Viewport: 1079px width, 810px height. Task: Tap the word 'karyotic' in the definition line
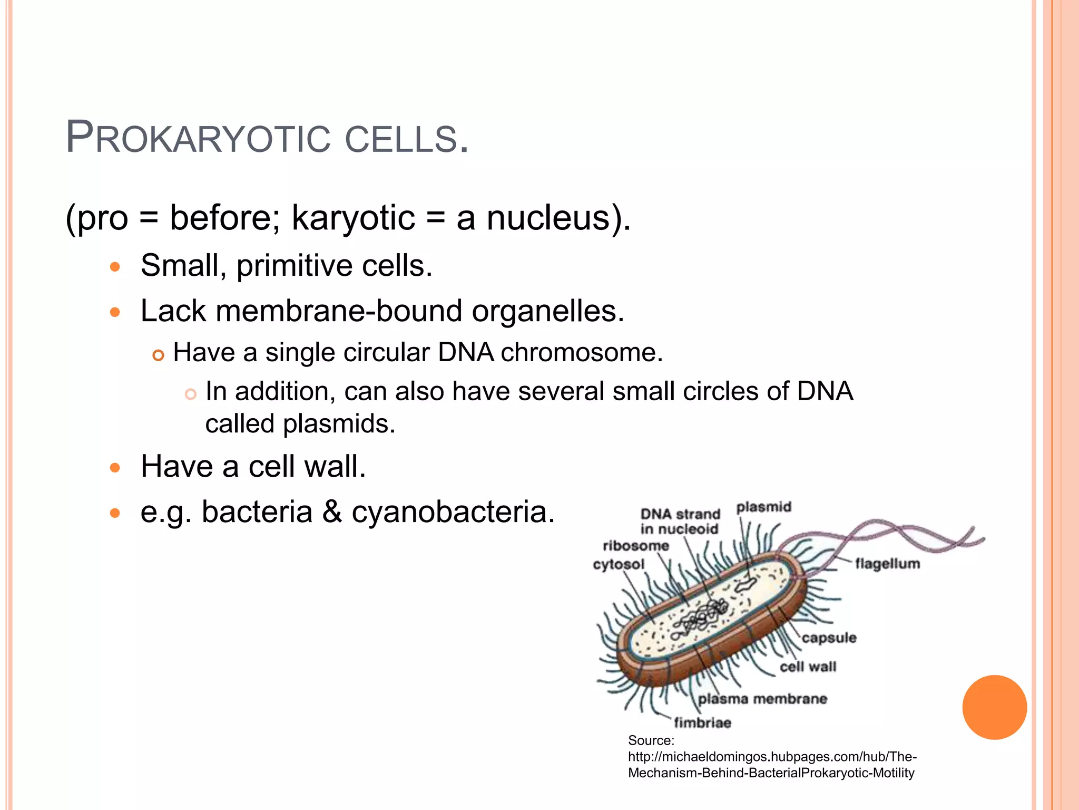coord(353,218)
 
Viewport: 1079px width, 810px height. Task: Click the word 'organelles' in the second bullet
coord(548,311)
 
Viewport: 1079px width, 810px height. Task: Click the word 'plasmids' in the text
coord(339,423)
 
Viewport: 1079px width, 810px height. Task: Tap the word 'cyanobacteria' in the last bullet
coord(453,512)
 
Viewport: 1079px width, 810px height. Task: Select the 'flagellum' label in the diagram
coord(887,564)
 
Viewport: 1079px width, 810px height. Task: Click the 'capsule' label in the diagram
coord(829,638)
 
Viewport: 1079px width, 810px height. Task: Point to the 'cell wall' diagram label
coord(808,667)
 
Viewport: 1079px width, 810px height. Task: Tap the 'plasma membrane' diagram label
coord(762,699)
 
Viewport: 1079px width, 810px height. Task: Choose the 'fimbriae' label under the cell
coord(702,722)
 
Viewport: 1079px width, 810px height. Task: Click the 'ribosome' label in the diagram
coord(636,545)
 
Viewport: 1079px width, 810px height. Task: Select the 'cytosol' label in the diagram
coord(619,564)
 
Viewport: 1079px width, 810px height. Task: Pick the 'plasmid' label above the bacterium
coord(763,507)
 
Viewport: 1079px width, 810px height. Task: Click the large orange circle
coord(994,707)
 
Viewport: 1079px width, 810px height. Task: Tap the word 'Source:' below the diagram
coord(651,740)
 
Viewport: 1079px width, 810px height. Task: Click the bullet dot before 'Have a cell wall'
coord(115,467)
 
